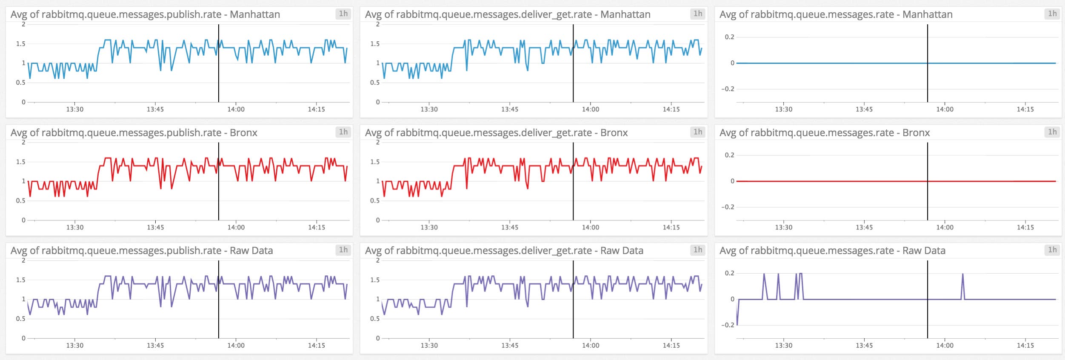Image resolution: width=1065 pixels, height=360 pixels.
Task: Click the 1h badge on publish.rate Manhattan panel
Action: [343, 14]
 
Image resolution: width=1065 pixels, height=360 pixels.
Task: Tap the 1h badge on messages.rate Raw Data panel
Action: [1052, 250]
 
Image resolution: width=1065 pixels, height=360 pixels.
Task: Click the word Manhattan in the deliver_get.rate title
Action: [625, 14]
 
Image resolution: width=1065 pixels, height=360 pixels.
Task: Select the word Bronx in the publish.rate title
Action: [243, 133]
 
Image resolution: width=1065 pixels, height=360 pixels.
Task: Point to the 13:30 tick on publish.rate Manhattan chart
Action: [74, 109]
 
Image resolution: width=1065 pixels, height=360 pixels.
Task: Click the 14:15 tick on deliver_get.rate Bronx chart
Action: [671, 227]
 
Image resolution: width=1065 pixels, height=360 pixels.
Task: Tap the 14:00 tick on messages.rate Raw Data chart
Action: [945, 345]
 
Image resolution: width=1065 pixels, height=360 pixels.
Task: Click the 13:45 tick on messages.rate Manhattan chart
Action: [864, 109]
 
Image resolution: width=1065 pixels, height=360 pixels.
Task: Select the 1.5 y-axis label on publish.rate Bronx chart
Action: [20, 162]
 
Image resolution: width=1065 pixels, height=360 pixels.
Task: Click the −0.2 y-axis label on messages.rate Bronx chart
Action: [727, 207]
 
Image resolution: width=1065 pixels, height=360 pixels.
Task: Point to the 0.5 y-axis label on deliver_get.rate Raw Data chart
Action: [374, 318]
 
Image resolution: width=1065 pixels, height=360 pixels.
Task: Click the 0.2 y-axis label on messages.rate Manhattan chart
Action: [729, 37]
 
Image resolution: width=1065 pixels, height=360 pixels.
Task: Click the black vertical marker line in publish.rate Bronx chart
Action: [219, 191]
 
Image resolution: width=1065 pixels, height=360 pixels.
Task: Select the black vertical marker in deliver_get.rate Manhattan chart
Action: [573, 77]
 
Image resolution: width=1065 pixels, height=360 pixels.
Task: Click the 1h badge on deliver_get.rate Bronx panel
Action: [697, 132]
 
